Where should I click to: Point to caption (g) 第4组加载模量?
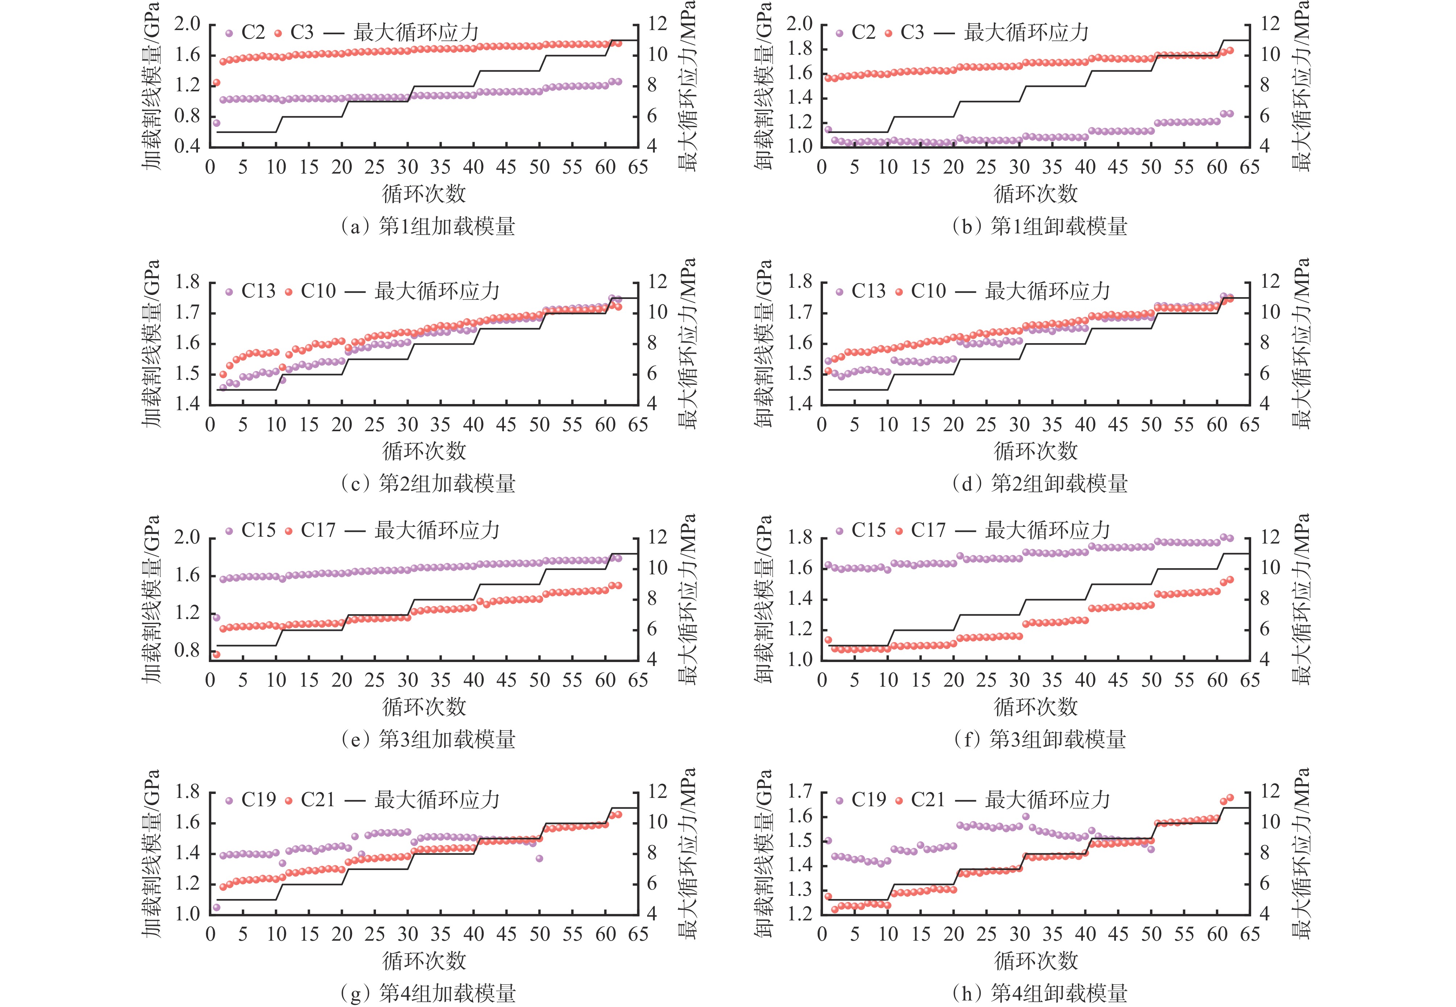point(427,994)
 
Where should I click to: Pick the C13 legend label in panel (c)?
point(258,291)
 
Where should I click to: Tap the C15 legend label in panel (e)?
point(258,530)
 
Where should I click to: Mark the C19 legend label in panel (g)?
point(258,800)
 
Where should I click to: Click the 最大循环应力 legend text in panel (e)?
point(437,530)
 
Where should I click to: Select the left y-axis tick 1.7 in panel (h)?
point(800,792)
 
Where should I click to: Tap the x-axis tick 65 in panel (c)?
point(638,425)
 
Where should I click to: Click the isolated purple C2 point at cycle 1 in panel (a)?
point(216,123)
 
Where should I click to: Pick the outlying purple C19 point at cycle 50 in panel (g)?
point(539,858)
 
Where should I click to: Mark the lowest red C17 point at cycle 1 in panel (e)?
point(216,654)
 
